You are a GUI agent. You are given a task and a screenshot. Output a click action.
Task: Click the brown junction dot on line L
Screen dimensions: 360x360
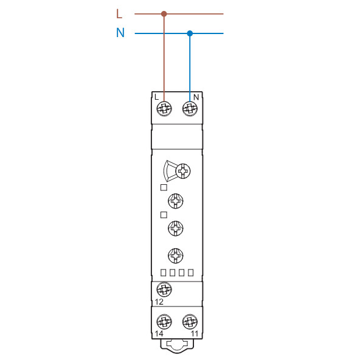tap(164, 14)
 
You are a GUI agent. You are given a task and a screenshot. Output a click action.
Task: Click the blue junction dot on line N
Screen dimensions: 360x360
tap(190, 33)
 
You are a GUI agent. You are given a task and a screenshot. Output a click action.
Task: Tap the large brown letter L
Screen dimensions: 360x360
tap(119, 14)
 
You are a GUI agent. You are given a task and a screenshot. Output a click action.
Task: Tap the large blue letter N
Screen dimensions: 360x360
tap(120, 33)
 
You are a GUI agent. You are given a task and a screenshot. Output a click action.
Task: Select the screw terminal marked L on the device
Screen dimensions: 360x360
tap(164, 108)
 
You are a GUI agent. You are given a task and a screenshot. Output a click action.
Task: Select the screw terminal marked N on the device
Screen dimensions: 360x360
tap(190, 108)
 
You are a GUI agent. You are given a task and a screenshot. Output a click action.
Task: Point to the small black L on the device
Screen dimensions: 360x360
tap(156, 97)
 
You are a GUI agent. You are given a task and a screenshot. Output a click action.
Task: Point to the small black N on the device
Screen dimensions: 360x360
tap(196, 97)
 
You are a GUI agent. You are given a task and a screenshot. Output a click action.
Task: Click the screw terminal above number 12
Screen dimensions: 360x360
tap(164, 289)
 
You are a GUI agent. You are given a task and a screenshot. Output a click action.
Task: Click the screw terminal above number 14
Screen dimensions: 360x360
tap(164, 322)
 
